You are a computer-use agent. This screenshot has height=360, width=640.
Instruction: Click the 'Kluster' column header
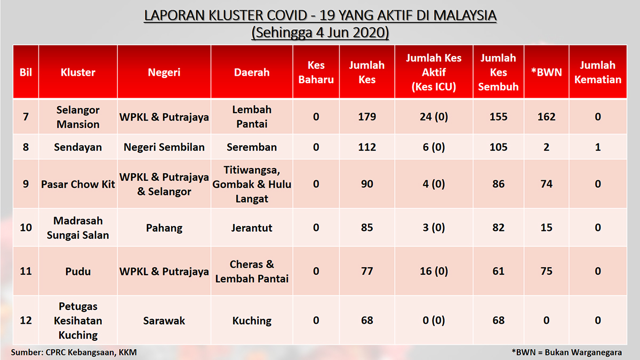(x=78, y=73)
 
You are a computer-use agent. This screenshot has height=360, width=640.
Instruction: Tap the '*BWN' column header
(x=546, y=73)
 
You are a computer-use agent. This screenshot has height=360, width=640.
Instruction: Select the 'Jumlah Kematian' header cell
(x=598, y=73)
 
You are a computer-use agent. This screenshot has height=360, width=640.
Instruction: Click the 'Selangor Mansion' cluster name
(x=78, y=117)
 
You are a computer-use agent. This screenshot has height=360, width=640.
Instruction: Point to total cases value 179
(x=367, y=117)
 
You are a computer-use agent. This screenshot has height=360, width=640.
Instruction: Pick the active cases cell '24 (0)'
(x=434, y=117)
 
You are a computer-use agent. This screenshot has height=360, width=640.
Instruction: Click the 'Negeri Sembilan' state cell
(x=164, y=147)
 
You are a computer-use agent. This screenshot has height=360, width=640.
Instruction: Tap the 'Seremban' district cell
(x=252, y=147)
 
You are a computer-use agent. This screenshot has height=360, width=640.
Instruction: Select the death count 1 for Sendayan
(x=598, y=147)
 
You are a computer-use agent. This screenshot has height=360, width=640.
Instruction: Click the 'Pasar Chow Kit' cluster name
(x=78, y=185)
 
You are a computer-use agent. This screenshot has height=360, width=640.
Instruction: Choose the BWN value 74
(x=546, y=184)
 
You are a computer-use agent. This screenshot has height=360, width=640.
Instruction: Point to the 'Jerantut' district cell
(x=252, y=228)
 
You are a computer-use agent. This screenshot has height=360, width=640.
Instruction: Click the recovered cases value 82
(x=498, y=228)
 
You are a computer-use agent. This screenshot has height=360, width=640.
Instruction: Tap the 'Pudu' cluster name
(x=78, y=271)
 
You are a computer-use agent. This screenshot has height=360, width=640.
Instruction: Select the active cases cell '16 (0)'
(x=434, y=271)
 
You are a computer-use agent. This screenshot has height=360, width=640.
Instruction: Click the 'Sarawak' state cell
(x=164, y=321)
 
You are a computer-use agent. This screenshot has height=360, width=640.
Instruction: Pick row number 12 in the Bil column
(x=26, y=321)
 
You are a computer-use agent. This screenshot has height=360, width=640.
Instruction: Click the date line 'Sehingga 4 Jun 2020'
(x=320, y=33)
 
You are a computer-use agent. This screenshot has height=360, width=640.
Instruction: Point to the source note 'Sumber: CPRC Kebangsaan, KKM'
(x=74, y=353)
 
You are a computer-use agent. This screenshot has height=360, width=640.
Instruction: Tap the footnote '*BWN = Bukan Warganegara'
(x=566, y=353)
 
